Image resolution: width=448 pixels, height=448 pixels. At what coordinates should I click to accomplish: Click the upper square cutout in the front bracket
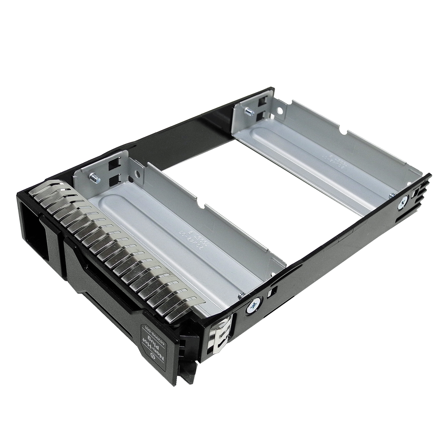[113, 164]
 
